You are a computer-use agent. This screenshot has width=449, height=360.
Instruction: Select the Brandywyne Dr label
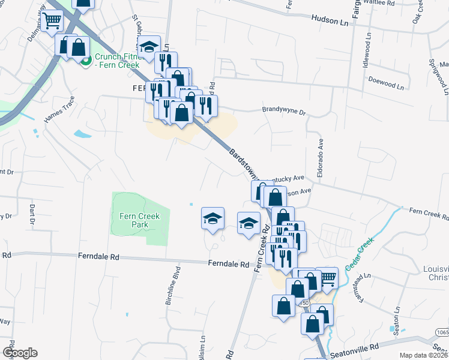click(x=284, y=111)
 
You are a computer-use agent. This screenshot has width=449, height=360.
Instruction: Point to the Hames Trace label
click(x=59, y=110)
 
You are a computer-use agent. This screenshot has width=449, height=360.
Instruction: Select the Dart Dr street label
click(x=32, y=217)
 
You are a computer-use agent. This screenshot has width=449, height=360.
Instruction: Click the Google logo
click(x=20, y=353)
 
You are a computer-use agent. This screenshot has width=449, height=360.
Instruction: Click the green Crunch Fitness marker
click(x=85, y=60)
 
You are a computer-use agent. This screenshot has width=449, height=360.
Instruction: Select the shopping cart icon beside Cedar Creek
click(x=327, y=277)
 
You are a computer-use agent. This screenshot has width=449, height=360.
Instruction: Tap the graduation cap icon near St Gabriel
click(x=148, y=47)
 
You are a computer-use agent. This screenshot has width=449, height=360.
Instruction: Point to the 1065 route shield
click(x=442, y=332)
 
